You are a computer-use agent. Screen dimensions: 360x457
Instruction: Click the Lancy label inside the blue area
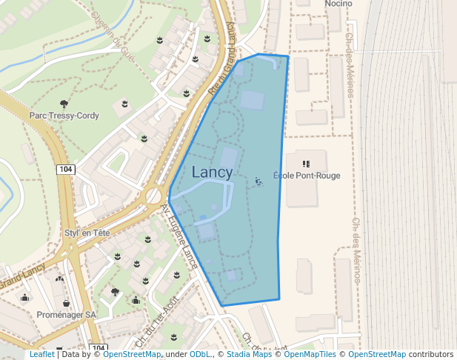pos(212,173)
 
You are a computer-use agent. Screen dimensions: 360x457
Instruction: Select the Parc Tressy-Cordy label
pos(64,116)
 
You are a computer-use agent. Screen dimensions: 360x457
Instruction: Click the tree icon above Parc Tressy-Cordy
pos(64,104)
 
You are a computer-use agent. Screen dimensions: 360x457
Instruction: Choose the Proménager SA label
pos(66,314)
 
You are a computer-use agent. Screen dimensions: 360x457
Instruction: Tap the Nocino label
pos(338,4)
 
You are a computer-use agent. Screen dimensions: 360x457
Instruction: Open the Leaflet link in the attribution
pos(41,355)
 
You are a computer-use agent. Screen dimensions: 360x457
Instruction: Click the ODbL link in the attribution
pos(200,355)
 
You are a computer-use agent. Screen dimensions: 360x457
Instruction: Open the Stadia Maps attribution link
pos(249,355)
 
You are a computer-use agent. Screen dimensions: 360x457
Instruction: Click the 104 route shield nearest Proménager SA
pos(97,348)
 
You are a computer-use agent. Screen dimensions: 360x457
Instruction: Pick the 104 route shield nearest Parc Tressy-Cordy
pos(65,170)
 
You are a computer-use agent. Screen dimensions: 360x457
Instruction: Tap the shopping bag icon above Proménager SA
pos(67,302)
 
